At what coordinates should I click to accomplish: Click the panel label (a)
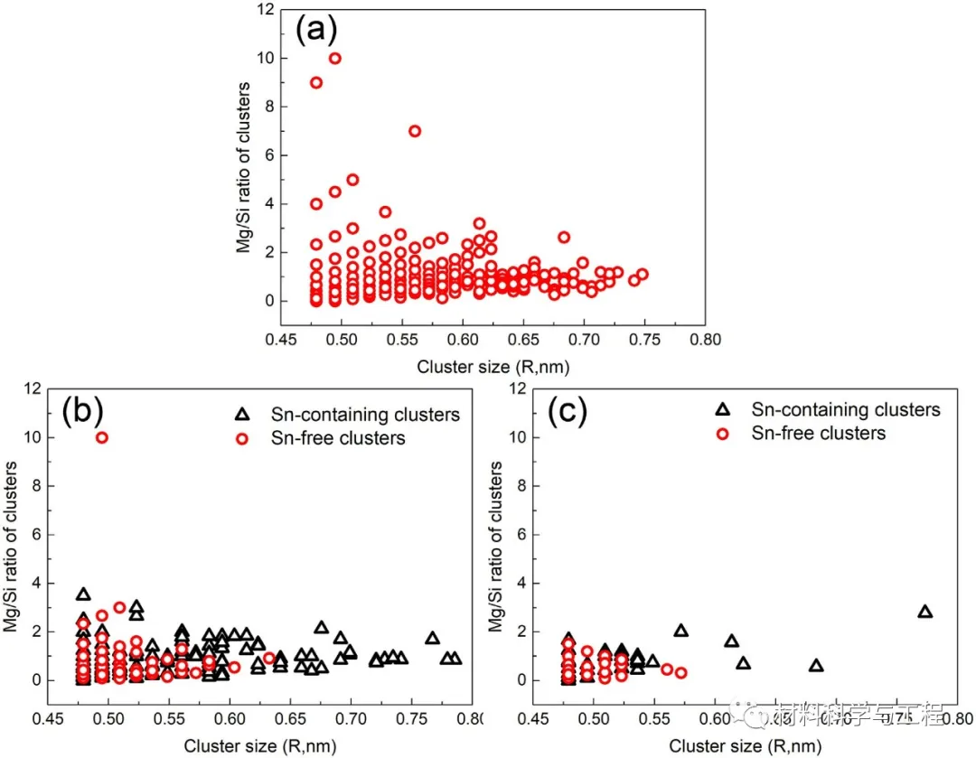tap(316, 32)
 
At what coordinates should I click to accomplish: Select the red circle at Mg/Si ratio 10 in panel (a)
tap(334, 59)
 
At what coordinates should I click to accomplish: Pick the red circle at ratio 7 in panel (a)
tap(415, 131)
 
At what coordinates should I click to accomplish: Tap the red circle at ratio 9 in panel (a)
tap(316, 82)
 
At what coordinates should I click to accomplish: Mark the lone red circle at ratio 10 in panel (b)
tap(102, 437)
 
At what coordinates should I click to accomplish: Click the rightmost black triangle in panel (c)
tap(924, 612)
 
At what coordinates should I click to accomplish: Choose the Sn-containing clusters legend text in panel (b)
tap(365, 415)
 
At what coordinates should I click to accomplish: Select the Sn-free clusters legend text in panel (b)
tap(338, 438)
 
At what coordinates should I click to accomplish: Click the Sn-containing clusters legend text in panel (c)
tap(846, 410)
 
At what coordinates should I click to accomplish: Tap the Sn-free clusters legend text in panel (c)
tap(819, 434)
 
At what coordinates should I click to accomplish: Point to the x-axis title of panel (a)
tap(493, 367)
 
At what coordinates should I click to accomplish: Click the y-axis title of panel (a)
tap(244, 167)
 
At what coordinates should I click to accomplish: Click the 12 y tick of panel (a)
tap(263, 11)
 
